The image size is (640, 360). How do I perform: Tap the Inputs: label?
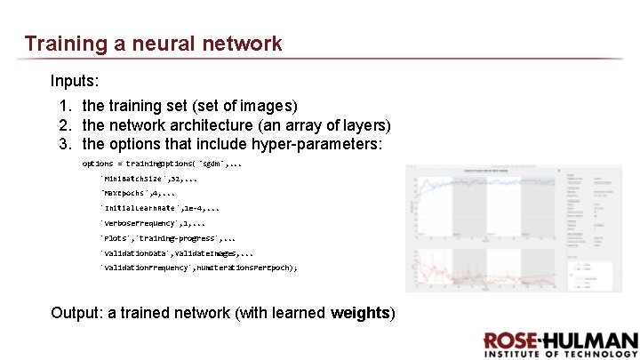tap(74, 81)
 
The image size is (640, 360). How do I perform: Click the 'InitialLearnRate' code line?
tap(160, 208)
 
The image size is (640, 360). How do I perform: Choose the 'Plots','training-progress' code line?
tap(168, 238)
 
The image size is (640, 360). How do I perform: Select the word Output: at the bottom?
tap(76, 312)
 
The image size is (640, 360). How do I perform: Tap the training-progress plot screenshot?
tap(503, 228)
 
